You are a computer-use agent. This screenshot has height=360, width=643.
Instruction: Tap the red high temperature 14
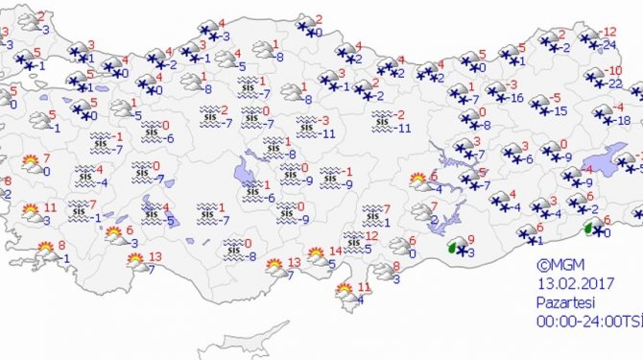335,252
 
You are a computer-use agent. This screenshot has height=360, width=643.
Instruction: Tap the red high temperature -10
613,71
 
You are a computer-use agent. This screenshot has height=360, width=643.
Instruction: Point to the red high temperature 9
469,239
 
